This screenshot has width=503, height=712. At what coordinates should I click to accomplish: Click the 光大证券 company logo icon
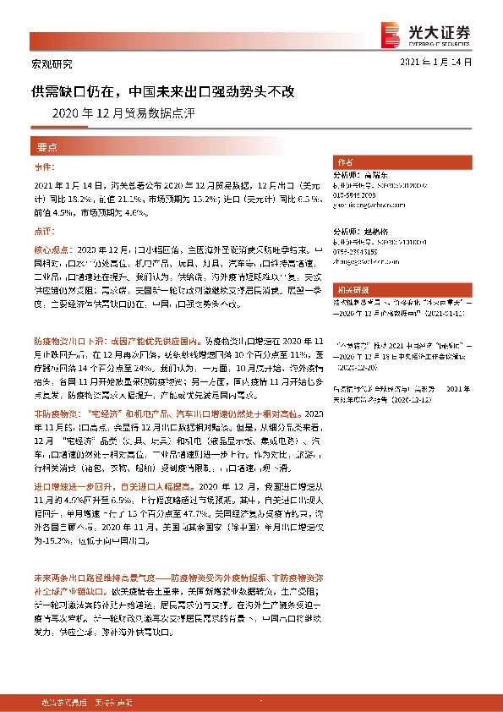[x=391, y=33]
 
